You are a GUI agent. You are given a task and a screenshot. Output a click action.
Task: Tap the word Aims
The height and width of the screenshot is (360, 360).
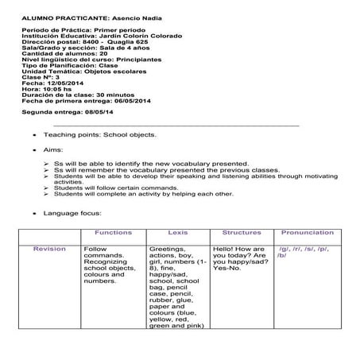pyautogui.click(x=53, y=149)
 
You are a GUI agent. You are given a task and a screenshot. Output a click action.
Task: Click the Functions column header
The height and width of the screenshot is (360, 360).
pyautogui.click(x=113, y=233)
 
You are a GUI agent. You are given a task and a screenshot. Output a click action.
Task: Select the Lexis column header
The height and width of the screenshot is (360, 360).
pyautogui.click(x=178, y=233)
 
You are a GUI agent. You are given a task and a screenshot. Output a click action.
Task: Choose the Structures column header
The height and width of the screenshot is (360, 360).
pyautogui.click(x=242, y=233)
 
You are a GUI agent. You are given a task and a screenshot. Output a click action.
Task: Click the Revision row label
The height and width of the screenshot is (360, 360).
pyautogui.click(x=49, y=249)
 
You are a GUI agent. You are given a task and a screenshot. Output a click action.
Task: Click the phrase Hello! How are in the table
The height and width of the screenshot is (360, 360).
pyautogui.click(x=238, y=249)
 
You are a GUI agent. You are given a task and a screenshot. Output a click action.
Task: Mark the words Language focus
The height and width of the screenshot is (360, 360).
pyautogui.click(x=72, y=213)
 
